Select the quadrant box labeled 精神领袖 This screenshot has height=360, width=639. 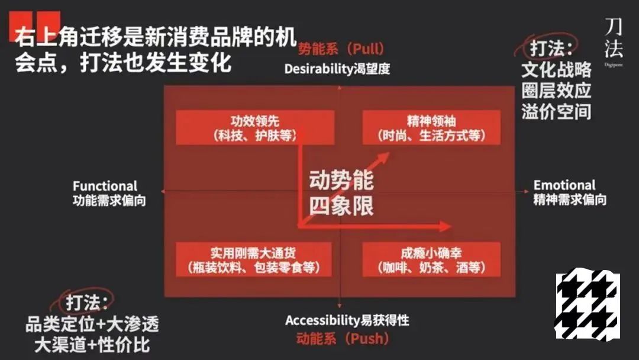431,127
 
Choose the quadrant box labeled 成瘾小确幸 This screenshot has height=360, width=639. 431,259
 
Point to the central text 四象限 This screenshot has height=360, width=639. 341,205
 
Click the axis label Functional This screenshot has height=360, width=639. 105,186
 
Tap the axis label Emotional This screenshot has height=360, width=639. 564,185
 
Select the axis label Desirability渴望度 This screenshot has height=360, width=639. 337,68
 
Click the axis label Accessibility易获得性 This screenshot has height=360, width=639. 347,321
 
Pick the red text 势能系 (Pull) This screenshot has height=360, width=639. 341,48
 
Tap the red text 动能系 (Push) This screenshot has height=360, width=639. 343,339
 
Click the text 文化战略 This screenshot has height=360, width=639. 556,69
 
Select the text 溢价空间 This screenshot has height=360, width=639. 556,111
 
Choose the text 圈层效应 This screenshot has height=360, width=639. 556,91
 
